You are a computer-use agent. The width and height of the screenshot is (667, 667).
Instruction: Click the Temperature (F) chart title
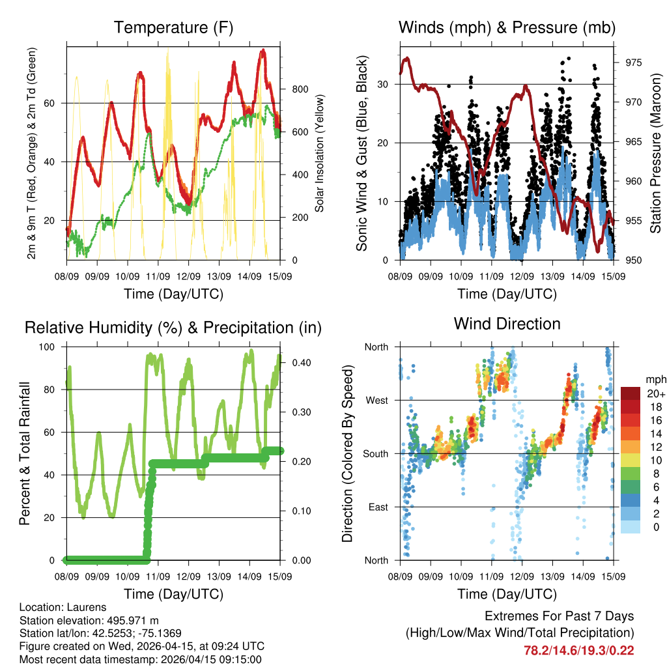pos(173,27)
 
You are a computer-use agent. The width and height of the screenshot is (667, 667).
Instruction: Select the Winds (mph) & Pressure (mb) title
pos(507,27)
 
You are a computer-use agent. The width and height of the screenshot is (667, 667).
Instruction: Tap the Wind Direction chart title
pos(507,324)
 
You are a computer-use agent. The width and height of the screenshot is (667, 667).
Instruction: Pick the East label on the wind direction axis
pos(377,507)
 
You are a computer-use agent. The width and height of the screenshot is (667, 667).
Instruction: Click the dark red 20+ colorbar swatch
pos(631,393)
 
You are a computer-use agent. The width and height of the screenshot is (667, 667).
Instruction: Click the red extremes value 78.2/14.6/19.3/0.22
pos(578,650)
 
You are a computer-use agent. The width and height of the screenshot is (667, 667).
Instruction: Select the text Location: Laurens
pos(63,607)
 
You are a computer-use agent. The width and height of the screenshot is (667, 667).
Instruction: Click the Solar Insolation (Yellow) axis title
pos(320,153)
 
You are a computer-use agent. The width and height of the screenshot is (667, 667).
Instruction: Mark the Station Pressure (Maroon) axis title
pos(655,153)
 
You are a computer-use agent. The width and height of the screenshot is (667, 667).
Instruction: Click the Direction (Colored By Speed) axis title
pos(347,453)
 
